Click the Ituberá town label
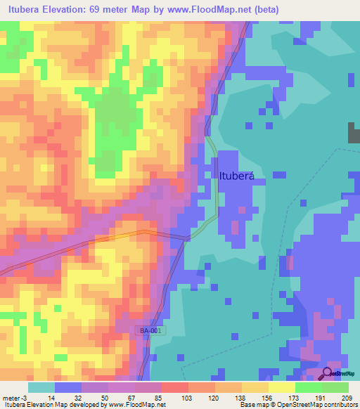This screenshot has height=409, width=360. [x=236, y=176]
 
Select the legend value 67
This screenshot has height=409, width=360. [x=131, y=397]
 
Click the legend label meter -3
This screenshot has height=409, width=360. [x=13, y=397]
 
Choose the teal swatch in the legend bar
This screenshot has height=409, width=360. [x=41, y=387]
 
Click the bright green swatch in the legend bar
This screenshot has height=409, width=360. [x=309, y=387]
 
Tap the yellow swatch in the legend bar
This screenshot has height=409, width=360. [x=282, y=387]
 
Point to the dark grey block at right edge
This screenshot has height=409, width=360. [x=354, y=134]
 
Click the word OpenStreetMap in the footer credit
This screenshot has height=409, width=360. [x=317, y=405]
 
